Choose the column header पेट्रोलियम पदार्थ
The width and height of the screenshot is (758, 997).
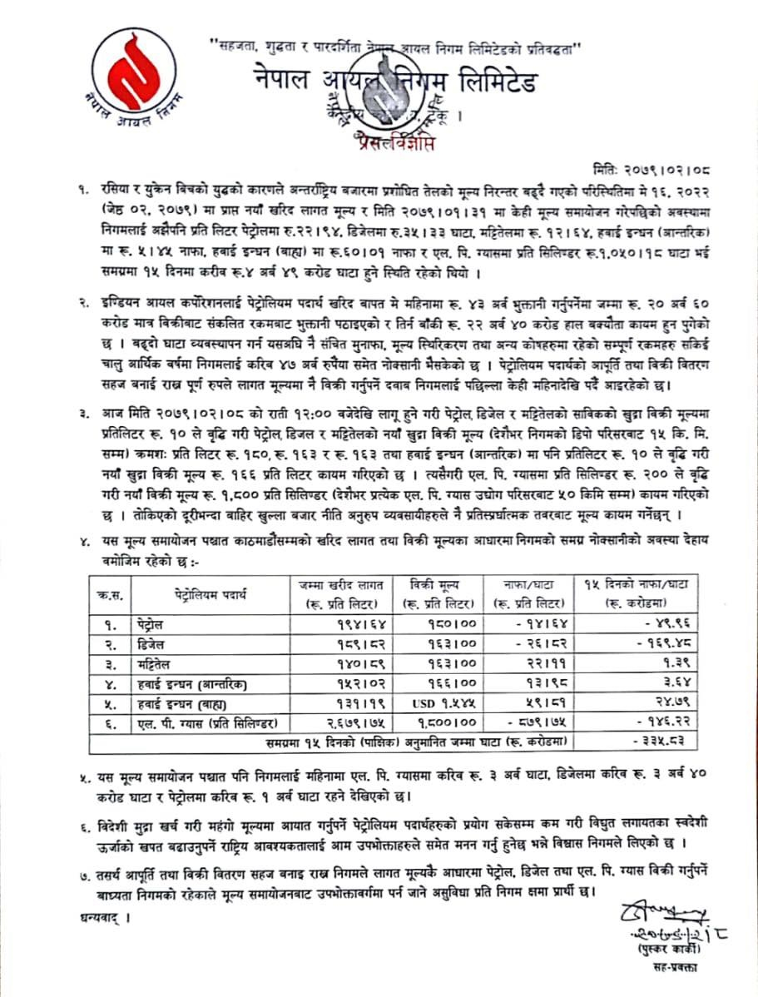click(213, 595)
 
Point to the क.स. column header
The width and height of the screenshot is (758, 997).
click(106, 595)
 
